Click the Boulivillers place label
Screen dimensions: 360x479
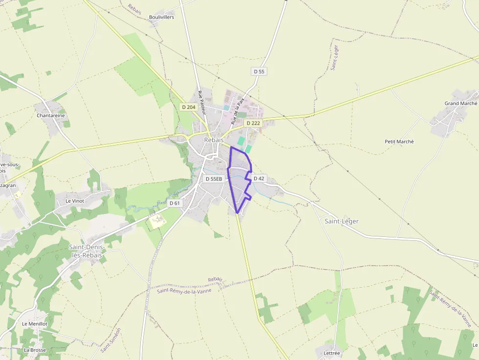(161, 17)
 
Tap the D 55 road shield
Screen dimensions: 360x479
(259, 71)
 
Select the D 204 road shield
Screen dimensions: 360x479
(188, 107)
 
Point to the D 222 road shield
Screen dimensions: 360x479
(253, 123)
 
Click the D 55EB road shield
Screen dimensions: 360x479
(214, 179)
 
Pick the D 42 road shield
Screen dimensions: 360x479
(259, 178)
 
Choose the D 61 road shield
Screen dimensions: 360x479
(174, 203)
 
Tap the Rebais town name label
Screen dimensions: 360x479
(214, 140)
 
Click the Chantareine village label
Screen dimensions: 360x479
(51, 116)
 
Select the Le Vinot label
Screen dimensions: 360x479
(75, 201)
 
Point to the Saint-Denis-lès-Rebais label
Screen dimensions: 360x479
(87, 251)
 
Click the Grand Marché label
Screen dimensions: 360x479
(460, 104)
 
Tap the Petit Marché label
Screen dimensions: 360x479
(399, 142)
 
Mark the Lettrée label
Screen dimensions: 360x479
(331, 353)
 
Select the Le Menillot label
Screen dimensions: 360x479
(34, 324)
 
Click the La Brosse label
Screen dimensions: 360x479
(35, 350)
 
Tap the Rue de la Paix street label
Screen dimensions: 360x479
(238, 112)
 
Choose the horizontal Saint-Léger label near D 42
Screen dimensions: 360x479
(342, 221)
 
